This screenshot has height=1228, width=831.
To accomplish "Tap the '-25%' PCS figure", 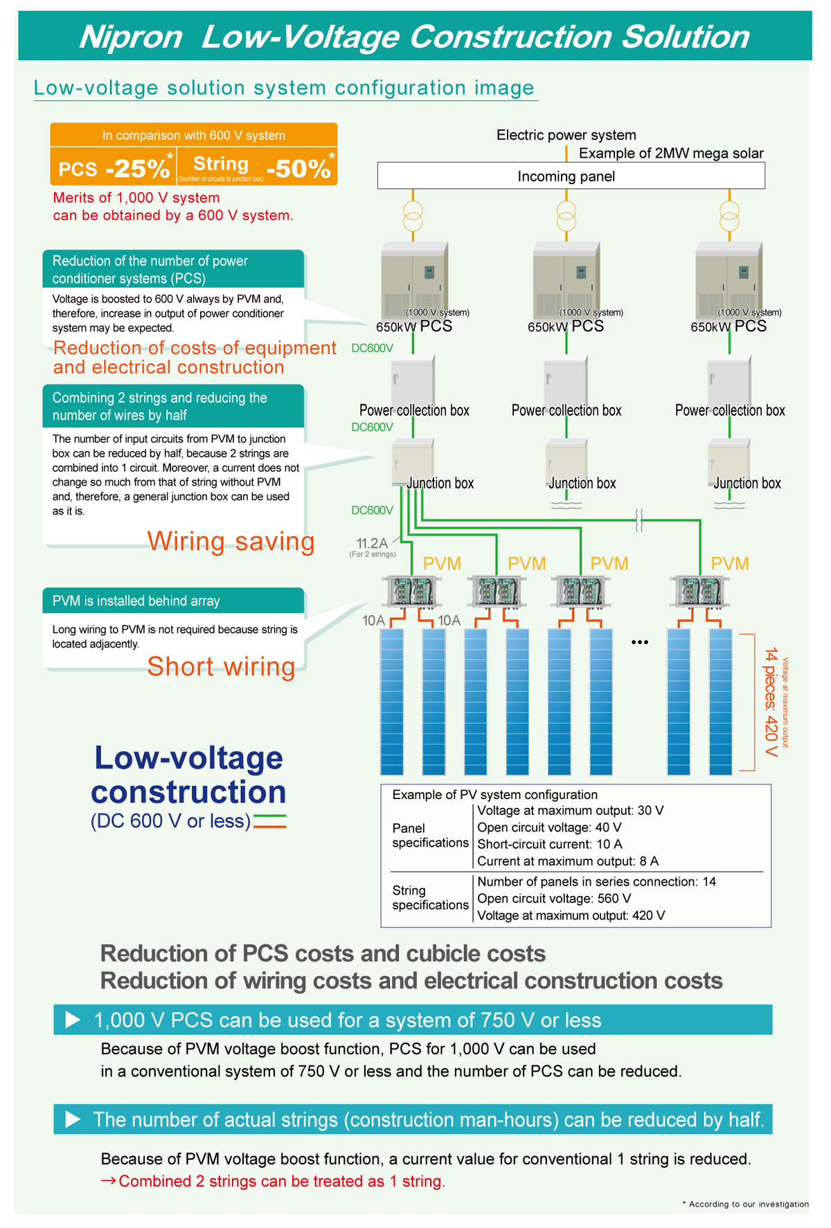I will (138, 168).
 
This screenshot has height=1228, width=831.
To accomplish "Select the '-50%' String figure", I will (298, 168).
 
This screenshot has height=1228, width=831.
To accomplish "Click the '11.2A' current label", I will (372, 543).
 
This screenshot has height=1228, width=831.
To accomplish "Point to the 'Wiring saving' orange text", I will (231, 541).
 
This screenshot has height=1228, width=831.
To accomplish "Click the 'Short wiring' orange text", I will (221, 666).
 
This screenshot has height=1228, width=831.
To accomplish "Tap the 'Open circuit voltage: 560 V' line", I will (554, 899).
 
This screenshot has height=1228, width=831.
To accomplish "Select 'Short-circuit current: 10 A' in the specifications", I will (550, 845).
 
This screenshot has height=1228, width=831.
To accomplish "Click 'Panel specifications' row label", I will (430, 836).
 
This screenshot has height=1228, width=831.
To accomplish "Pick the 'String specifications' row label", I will (430, 898).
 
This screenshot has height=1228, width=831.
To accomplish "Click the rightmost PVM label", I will (730, 564).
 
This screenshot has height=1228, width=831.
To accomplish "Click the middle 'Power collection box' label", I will (566, 410).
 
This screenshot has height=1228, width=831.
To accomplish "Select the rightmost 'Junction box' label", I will (747, 484).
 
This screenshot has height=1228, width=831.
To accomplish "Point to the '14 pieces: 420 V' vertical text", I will (771, 702).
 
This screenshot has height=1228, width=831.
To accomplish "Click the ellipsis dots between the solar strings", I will (640, 643).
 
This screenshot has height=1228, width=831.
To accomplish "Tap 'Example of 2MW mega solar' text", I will (671, 154).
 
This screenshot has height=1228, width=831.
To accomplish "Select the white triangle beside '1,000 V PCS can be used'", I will (73, 1020).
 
